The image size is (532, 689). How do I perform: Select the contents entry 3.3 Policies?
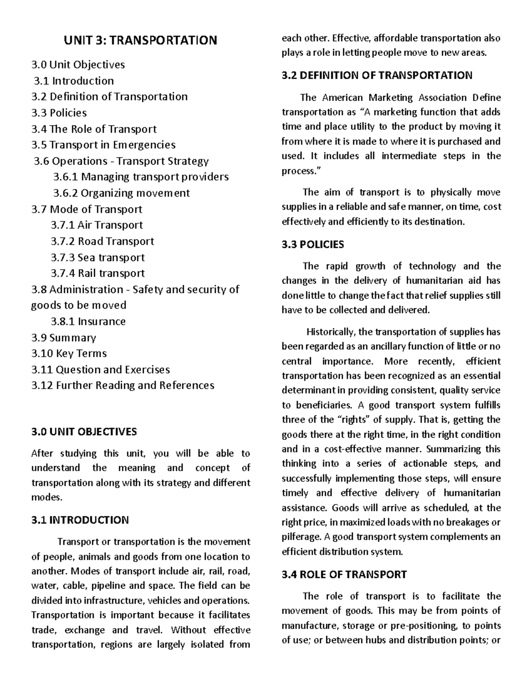click(x=59, y=113)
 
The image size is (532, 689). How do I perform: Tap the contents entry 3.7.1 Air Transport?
click(x=97, y=225)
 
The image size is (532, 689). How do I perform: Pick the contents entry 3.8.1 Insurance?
click(x=88, y=321)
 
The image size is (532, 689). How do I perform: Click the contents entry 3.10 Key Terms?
click(x=69, y=354)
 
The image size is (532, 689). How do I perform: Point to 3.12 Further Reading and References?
click(x=123, y=386)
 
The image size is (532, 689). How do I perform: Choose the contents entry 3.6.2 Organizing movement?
click(x=121, y=193)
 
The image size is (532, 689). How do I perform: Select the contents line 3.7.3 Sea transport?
click(x=98, y=257)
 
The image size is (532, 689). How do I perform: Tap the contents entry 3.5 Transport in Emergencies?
click(x=103, y=145)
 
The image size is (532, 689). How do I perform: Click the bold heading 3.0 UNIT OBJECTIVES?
click(x=84, y=431)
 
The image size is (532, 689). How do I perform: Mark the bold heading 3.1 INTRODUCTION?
click(x=80, y=520)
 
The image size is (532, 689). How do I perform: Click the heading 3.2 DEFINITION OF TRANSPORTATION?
click(x=377, y=75)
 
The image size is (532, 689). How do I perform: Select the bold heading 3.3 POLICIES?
click(x=313, y=244)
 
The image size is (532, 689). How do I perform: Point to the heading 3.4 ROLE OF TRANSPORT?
click(x=344, y=575)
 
